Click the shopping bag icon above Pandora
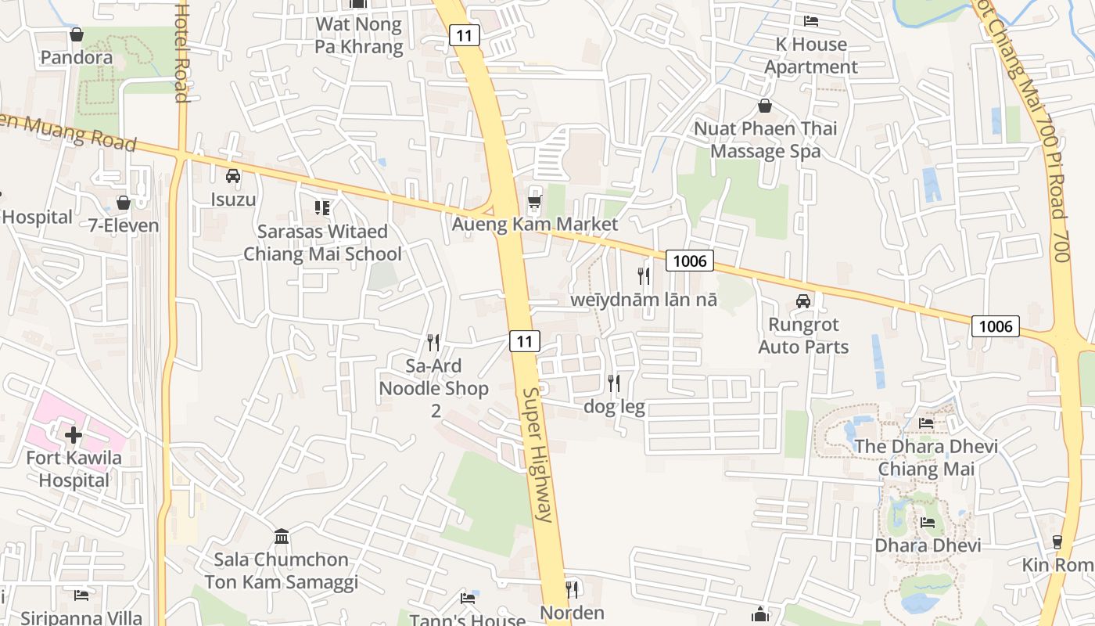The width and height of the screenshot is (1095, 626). (x=77, y=34)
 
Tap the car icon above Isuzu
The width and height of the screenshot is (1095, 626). (x=233, y=176)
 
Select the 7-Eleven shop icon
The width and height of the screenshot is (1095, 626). (x=124, y=203)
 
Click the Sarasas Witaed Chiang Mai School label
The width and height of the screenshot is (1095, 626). (x=322, y=243)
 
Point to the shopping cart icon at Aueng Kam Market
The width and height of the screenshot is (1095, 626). (x=535, y=202)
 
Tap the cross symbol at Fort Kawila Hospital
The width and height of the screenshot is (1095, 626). (x=74, y=434)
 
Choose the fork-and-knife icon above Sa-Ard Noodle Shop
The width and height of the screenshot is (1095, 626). (x=433, y=342)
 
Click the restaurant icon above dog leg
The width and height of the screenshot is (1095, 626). (x=614, y=383)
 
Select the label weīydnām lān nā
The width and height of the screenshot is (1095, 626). (x=644, y=300)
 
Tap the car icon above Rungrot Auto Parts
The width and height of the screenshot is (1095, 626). (x=802, y=301)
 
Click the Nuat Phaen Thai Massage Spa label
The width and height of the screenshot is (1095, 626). (x=766, y=139)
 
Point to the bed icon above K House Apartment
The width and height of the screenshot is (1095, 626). (x=811, y=21)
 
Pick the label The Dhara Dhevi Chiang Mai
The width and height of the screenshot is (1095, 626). (x=926, y=458)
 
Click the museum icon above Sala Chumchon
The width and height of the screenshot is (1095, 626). (x=282, y=537)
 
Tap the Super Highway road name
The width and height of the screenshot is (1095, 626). (x=538, y=454)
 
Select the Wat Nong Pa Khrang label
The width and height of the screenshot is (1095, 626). (x=359, y=35)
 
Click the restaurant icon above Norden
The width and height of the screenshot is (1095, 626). (x=572, y=588)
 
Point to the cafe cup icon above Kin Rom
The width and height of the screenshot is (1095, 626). (x=1057, y=541)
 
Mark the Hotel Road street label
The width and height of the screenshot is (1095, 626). (x=182, y=51)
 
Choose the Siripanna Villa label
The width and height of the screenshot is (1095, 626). (x=81, y=617)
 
